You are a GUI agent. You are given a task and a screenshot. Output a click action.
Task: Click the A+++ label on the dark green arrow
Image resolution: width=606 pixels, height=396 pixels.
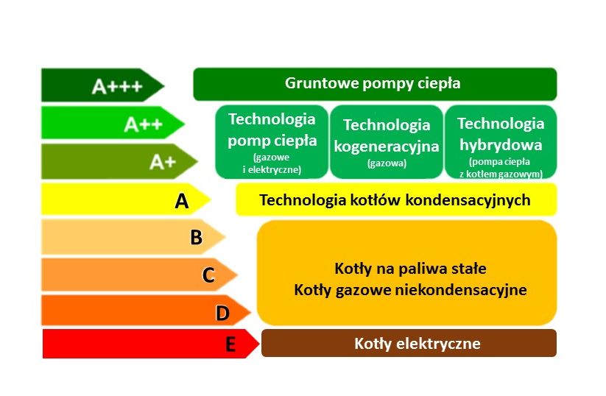point(117,86)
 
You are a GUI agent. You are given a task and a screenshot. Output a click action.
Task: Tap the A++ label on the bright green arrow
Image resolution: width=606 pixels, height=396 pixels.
point(143,124)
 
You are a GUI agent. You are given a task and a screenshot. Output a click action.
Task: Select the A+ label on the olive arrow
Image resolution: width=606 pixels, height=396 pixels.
point(163,162)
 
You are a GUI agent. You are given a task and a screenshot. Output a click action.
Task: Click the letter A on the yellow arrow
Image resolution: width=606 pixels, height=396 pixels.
point(182,201)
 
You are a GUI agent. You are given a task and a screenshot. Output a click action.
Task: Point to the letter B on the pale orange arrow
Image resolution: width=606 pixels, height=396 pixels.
point(197,237)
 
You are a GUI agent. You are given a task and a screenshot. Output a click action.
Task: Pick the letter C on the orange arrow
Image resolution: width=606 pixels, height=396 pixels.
point(208,275)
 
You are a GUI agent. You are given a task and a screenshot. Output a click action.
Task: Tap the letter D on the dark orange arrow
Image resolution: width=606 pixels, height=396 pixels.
point(222,313)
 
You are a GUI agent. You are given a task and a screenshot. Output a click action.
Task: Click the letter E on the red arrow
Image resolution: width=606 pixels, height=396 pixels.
point(230,344)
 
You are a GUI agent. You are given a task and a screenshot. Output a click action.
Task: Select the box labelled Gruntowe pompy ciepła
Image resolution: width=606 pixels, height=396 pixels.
point(375,84)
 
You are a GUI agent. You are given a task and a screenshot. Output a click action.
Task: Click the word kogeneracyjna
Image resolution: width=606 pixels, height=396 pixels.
point(387,146)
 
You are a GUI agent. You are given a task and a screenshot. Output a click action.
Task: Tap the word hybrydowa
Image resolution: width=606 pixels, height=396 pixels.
point(501,145)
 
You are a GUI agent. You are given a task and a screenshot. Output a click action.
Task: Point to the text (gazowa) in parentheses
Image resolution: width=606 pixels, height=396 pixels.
point(387,163)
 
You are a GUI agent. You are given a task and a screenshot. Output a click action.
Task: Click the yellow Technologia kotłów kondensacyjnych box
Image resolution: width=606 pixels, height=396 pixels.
point(397,199)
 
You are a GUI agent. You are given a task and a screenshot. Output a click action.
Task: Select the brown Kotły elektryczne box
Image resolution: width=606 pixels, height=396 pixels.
point(409,343)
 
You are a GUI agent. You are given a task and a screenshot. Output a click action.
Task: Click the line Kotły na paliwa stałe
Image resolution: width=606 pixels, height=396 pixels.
point(410,268)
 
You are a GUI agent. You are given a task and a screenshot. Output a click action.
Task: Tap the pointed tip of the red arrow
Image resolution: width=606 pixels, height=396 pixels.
point(259,344)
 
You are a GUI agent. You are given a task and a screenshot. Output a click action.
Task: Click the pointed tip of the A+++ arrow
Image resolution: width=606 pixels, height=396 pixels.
point(164,85)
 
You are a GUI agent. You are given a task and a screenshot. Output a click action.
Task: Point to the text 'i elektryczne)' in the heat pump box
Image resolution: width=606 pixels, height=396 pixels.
point(272,169)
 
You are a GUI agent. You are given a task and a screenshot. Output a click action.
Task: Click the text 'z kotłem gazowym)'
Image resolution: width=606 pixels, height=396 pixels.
point(501,174)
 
